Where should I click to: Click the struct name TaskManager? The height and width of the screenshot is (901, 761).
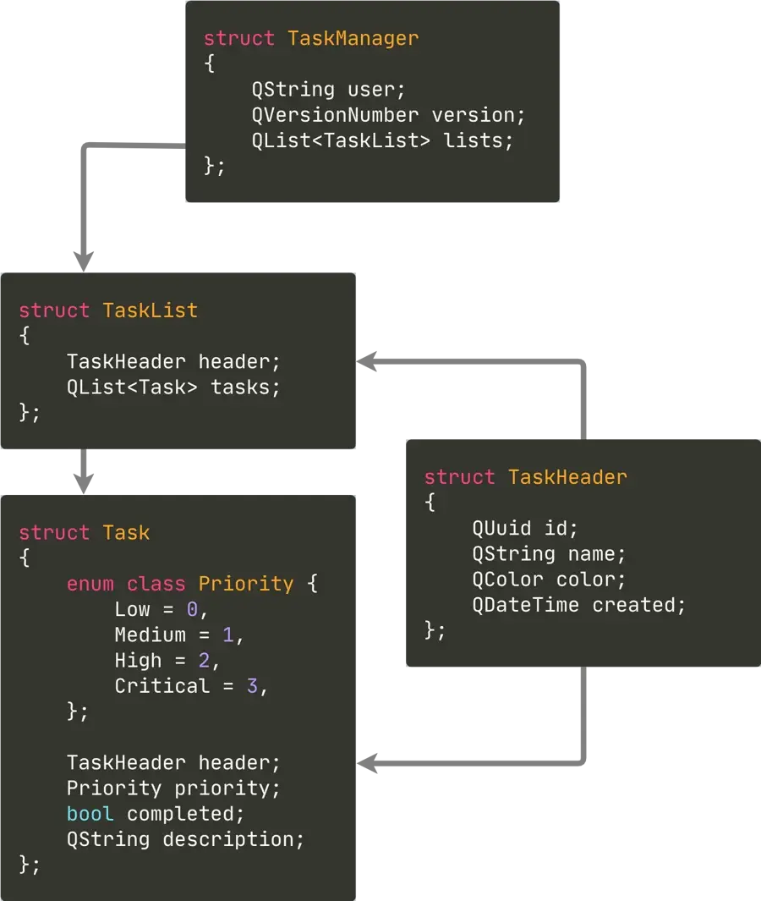353,38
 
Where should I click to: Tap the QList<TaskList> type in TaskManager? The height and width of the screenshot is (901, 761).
341,140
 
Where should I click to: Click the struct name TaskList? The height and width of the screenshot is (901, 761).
150,310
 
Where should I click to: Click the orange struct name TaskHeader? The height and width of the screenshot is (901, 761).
567,477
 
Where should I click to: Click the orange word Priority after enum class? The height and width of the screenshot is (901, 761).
246,584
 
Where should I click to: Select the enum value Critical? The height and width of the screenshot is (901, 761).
162,686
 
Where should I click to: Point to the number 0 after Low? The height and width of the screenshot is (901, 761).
192,609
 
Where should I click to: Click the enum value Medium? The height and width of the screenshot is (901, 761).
151,635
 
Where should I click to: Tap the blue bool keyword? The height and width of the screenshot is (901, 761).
90,814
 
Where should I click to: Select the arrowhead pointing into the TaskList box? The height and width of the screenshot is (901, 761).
370,361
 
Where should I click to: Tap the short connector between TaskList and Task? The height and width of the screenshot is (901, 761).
82,474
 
